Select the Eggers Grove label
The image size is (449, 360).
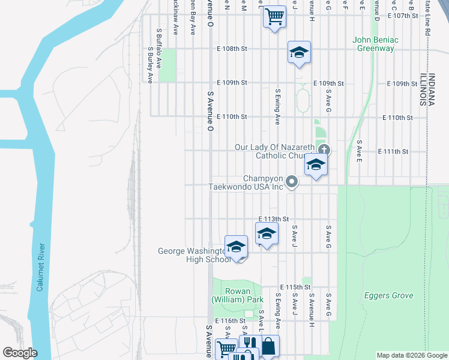coord(388,295)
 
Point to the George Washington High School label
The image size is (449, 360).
coord(193,255)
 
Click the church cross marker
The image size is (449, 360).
coord(324,150)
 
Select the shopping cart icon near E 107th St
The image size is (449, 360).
coord(274,16)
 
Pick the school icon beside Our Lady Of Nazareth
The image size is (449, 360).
coord(316,164)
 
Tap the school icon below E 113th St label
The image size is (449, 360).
coord(267,234)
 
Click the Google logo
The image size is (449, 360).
coord(20,353)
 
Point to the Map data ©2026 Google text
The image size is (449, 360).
coord(412,355)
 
